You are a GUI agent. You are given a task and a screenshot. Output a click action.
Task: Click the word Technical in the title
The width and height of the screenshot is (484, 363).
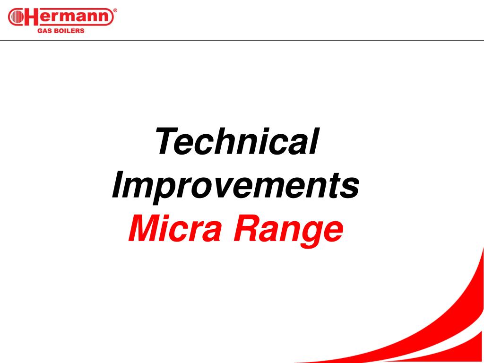pyautogui.click(x=237, y=141)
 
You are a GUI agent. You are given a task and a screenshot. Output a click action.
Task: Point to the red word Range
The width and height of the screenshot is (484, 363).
pyautogui.click(x=288, y=232)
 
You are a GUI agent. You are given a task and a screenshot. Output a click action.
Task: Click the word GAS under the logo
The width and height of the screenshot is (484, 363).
pyautogui.click(x=43, y=31)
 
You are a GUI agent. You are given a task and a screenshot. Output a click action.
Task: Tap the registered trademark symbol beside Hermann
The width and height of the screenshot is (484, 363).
pyautogui.click(x=115, y=10)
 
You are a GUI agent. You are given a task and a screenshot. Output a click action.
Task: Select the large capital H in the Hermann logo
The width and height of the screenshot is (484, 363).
pyautogui.click(x=32, y=17)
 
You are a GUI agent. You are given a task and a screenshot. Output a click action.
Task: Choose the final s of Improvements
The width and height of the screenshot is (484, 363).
pyautogui.click(x=349, y=188)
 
